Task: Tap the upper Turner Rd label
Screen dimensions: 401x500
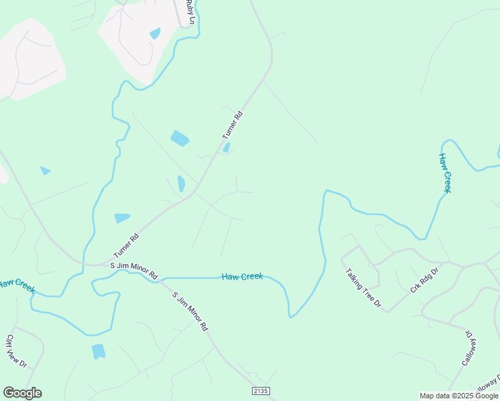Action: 232,125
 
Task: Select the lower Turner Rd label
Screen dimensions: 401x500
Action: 126,245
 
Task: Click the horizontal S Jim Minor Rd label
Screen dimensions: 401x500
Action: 134,270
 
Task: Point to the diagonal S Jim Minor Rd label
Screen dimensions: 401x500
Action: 191,312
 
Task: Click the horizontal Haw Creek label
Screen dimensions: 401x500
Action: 242,276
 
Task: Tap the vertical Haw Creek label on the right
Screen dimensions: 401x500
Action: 445,173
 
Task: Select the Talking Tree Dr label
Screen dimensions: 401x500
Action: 363,288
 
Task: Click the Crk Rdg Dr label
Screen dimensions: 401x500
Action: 424,280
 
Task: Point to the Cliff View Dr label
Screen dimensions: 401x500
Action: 16,351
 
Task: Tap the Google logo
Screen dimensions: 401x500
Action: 22,393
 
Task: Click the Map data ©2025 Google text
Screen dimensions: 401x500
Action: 458,396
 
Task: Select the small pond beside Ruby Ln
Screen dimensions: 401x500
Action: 155,33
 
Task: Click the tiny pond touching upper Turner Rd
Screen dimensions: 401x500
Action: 227,148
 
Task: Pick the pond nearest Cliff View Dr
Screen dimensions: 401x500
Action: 98,351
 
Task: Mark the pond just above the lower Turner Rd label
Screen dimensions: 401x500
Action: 122,218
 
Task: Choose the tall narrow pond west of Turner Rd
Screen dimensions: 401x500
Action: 181,184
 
